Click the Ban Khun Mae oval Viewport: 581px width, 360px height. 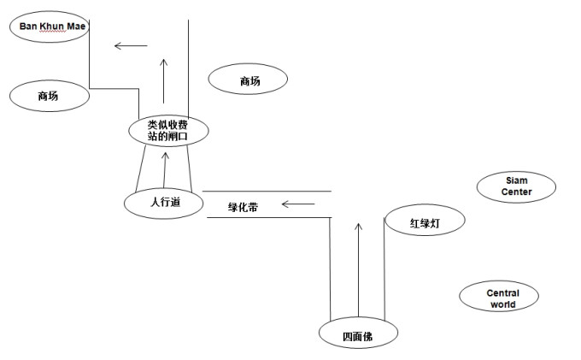tap(49, 27)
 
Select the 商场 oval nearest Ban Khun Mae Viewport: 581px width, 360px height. tap(49, 96)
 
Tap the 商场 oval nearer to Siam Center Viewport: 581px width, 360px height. tap(249, 80)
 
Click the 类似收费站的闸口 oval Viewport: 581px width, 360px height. tap(167, 130)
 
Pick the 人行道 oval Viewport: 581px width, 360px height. tap(164, 204)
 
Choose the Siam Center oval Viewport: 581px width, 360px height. tap(517, 186)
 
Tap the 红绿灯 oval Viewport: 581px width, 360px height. tap(425, 222)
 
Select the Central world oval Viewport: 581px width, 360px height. tap(502, 298)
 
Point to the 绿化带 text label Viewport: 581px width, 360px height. tap(243, 207)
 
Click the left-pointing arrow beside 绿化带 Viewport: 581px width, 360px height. tap(298, 204)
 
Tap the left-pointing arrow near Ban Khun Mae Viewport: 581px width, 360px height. tap(131, 45)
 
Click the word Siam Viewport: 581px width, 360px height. tap(517, 181)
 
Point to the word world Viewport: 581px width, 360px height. tap(502, 304)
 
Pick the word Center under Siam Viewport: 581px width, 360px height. tap(517, 192)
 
